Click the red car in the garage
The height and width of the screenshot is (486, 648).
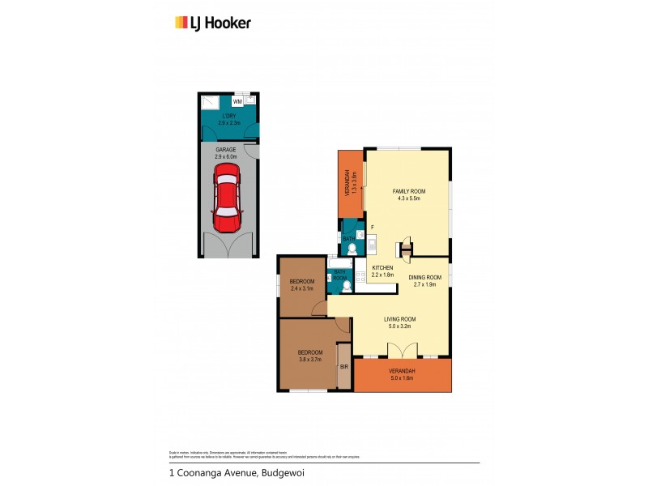[227, 197]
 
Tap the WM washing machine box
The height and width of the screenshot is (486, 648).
[237, 102]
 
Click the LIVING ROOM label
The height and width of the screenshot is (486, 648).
[399, 322]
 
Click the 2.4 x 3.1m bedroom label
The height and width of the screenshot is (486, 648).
[302, 285]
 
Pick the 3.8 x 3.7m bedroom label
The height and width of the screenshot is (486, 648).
[309, 356]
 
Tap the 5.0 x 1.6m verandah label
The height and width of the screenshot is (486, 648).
[403, 374]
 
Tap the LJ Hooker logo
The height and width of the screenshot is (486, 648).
[213, 23]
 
